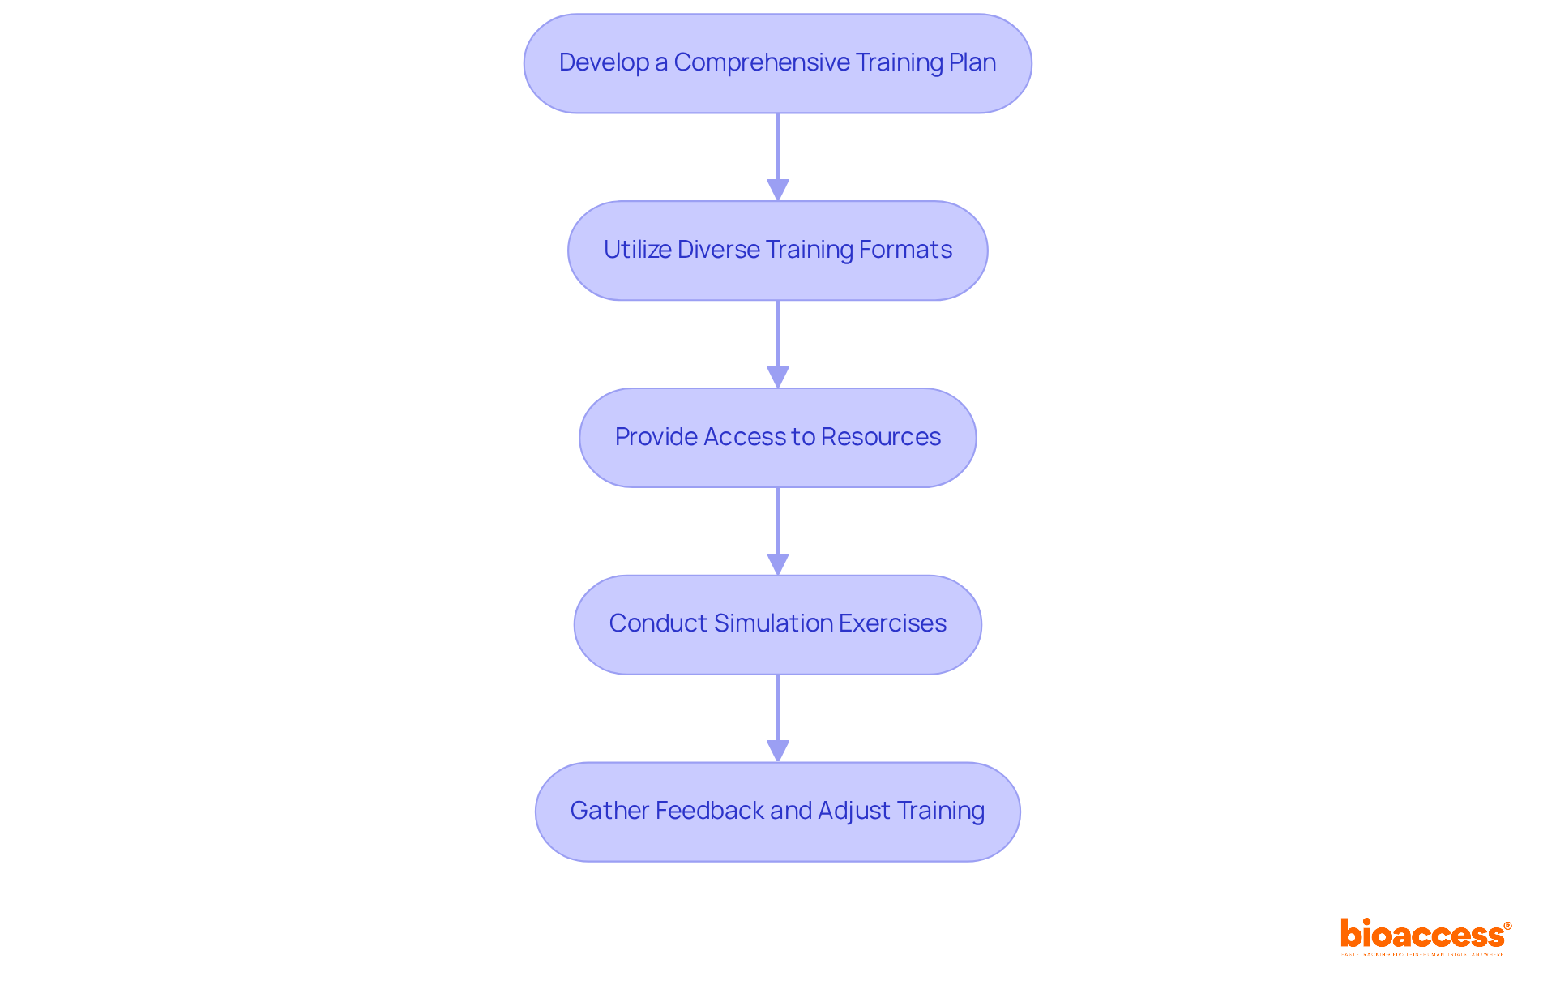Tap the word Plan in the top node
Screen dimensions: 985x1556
tap(972, 63)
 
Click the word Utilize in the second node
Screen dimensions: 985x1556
tap(638, 250)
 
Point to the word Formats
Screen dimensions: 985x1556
tap(905, 250)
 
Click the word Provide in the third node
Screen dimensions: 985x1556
tap(656, 437)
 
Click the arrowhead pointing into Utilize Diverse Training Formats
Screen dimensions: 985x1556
tap(778, 190)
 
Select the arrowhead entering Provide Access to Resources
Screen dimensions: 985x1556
tap(778, 377)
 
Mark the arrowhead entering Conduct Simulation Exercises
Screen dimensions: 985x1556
tap(778, 564)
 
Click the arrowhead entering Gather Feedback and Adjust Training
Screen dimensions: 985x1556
tap(778, 751)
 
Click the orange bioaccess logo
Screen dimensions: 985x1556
tap(1425, 935)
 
